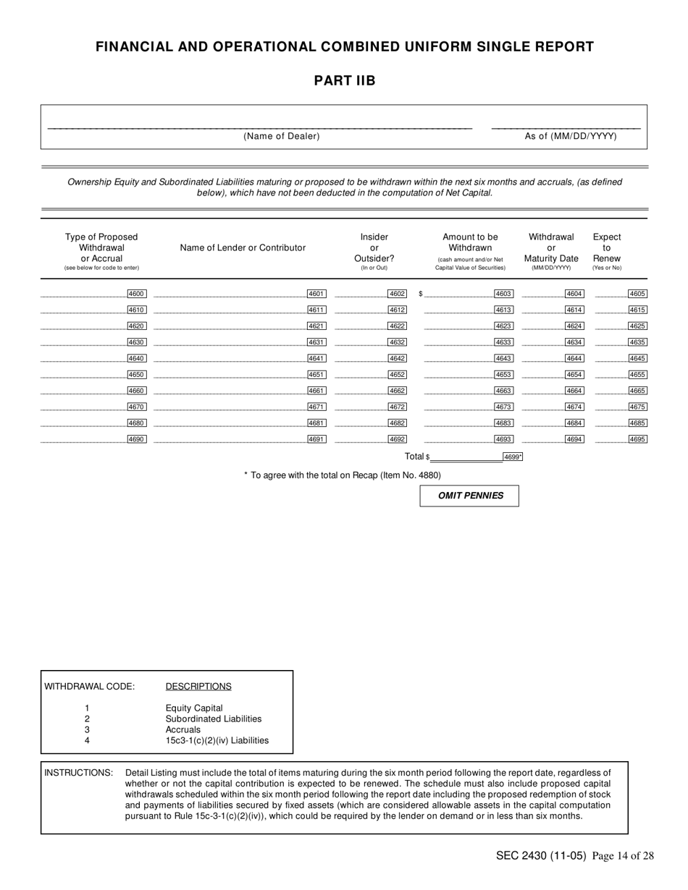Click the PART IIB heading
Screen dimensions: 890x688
[x=344, y=81]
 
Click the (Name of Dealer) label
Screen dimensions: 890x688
[x=282, y=136]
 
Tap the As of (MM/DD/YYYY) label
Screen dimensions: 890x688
[x=571, y=136]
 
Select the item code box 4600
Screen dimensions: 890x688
[x=136, y=294]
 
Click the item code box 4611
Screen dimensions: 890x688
[x=316, y=310]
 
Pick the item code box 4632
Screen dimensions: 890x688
[x=397, y=342]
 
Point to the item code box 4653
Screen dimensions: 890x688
[x=503, y=375]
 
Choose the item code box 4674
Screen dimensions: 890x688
[x=574, y=407]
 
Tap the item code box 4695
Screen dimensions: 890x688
[x=637, y=439]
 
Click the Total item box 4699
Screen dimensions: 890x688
[x=513, y=457]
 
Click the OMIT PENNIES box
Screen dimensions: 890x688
[x=469, y=496]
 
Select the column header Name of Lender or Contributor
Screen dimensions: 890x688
[x=243, y=247]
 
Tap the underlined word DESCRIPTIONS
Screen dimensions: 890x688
[x=198, y=686]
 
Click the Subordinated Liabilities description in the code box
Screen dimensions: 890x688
[x=214, y=719]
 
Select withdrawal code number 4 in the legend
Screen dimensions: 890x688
[x=87, y=740]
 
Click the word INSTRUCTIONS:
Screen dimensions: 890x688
[x=79, y=772]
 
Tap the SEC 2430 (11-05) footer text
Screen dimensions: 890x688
[x=541, y=856]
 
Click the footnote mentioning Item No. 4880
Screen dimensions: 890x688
[x=342, y=475]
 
